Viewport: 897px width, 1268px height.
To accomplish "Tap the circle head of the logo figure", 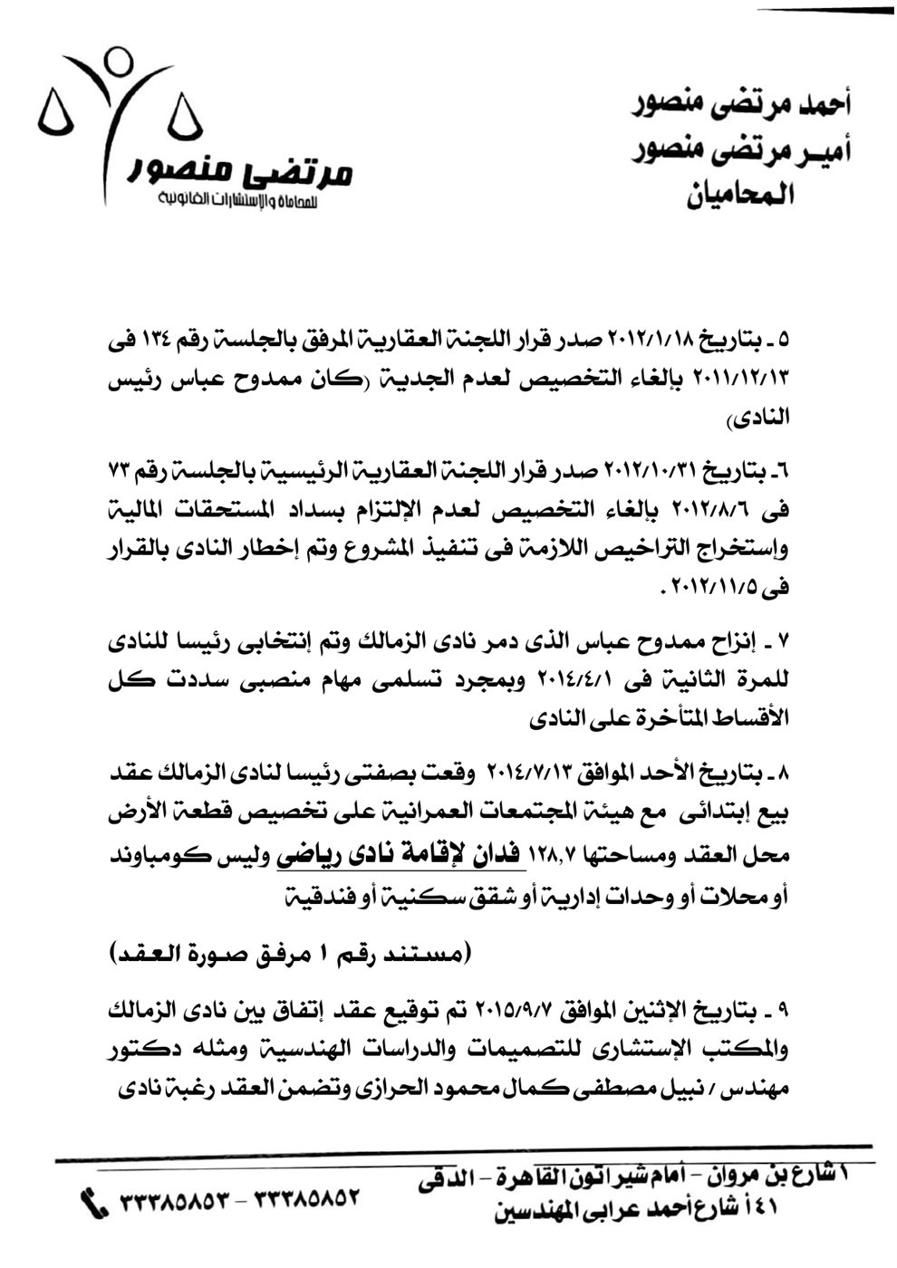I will click(x=116, y=62).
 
